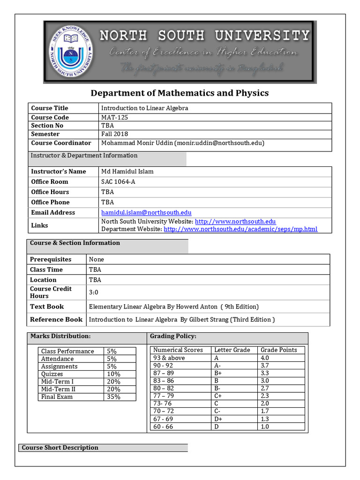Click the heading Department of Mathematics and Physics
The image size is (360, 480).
pyautogui.click(x=180, y=93)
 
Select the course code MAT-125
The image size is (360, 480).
pyautogui.click(x=114, y=117)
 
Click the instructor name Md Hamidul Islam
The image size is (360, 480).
pyautogui.click(x=127, y=172)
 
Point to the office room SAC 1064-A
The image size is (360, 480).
pyautogui.click(x=118, y=182)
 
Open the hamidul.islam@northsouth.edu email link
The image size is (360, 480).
pyautogui.click(x=146, y=213)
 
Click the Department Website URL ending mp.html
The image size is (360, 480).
pyautogui.click(x=240, y=229)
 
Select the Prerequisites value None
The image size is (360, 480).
pyautogui.click(x=97, y=259)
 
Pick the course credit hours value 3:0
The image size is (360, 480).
pyautogui.click(x=94, y=292)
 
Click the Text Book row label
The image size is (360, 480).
pyautogui.click(x=47, y=307)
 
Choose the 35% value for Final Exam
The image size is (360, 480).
pyautogui.click(x=113, y=397)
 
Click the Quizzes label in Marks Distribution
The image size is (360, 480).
pyautogui.click(x=54, y=374)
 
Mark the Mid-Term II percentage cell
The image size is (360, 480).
pyautogui.click(x=113, y=389)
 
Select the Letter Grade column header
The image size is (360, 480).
pyautogui.click(x=232, y=350)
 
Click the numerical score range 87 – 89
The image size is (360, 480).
pyautogui.click(x=164, y=373)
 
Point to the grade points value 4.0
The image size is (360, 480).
pyautogui.click(x=265, y=358)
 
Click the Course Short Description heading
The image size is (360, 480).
pyautogui.click(x=60, y=448)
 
